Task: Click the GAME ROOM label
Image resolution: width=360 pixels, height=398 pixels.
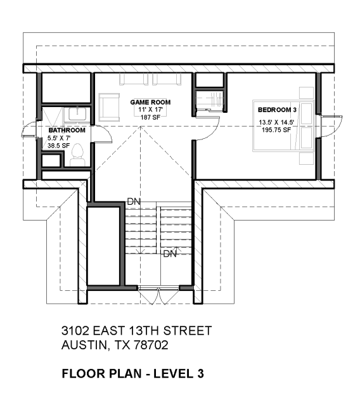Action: tap(150, 102)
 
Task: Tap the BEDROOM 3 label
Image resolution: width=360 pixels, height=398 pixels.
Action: tap(277, 110)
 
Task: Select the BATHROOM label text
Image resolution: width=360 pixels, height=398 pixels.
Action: tap(67, 130)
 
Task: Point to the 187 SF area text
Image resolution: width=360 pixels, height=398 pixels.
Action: tap(150, 117)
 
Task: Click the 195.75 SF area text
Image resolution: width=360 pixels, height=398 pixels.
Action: tap(276, 130)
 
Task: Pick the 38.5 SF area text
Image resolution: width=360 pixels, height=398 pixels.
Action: tap(58, 146)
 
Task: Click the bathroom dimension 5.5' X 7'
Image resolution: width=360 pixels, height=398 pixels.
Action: tap(59, 138)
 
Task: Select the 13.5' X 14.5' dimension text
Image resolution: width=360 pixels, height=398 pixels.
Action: tap(276, 122)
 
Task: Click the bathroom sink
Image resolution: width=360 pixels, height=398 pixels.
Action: tap(77, 114)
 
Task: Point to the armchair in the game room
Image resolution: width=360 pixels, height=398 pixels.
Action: tap(109, 107)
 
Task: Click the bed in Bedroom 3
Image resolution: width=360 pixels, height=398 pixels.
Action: tap(283, 126)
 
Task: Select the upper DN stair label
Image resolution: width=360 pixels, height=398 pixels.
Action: tap(134, 202)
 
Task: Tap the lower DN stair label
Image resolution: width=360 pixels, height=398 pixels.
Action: tap(170, 254)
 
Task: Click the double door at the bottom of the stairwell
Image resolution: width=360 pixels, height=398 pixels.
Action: tap(158, 296)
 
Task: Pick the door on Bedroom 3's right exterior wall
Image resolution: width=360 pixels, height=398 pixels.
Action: tap(330, 126)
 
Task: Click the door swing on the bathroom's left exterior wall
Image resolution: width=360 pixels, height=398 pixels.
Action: tap(29, 129)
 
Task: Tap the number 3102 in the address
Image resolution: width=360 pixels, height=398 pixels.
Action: tap(75, 331)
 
